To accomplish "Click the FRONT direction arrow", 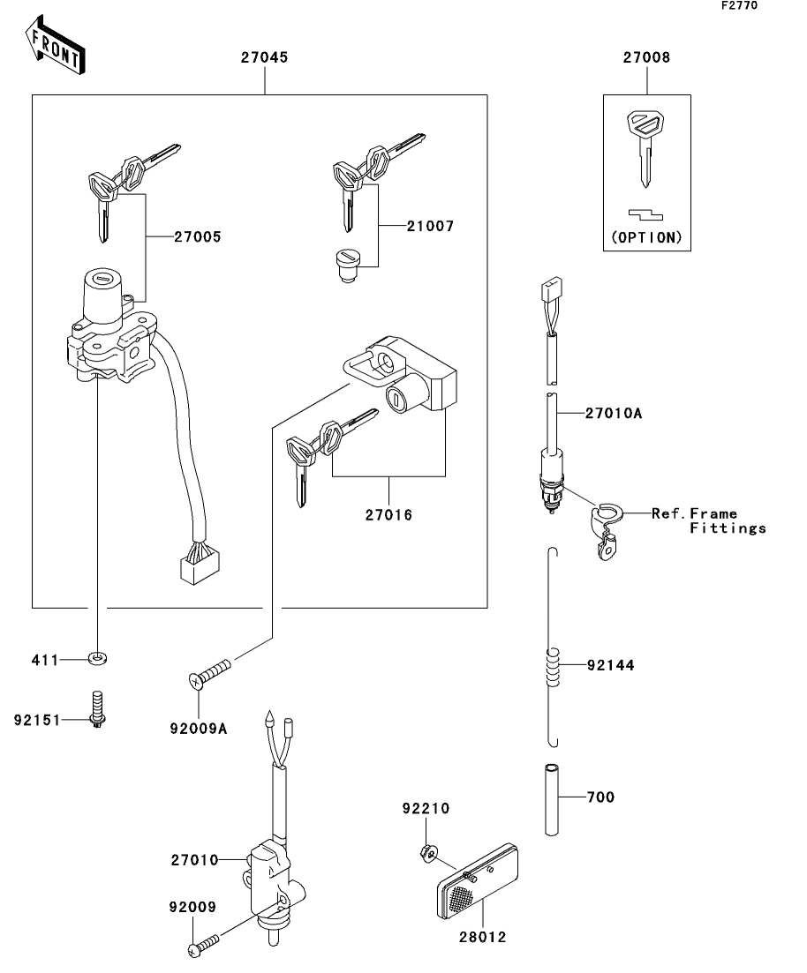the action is click(x=56, y=45).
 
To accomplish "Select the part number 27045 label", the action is click(x=265, y=57).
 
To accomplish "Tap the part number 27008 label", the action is click(x=646, y=57).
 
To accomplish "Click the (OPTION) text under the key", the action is click(x=646, y=237).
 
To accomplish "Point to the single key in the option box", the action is click(x=645, y=147).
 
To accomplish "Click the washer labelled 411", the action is click(x=97, y=658).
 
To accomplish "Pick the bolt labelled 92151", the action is click(x=97, y=708).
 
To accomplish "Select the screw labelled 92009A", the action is click(x=209, y=673).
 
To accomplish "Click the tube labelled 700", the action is click(x=552, y=800).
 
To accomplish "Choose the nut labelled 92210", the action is click(x=426, y=855).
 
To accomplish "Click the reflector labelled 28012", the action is click(x=477, y=881).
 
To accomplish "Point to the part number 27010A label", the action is click(x=613, y=413).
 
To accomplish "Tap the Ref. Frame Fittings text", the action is click(x=709, y=521).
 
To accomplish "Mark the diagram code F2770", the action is click(x=739, y=5).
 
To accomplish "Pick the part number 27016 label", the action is click(x=388, y=515).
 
